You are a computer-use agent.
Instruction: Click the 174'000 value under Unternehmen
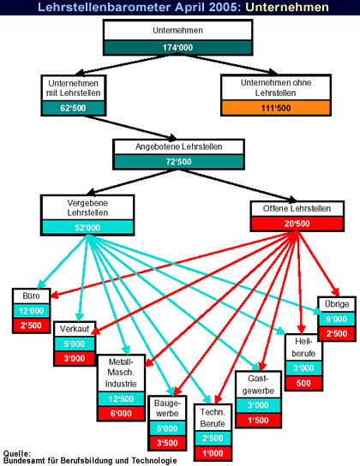pos(177,47)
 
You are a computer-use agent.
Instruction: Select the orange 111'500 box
pos(276,108)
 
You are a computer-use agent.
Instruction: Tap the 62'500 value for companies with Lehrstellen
pos(73,108)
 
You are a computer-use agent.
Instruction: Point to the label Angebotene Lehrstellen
pos(178,146)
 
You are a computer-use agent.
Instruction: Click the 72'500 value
pos(178,161)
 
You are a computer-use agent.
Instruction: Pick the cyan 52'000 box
pos(87,227)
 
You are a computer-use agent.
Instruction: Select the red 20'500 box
pos(297,224)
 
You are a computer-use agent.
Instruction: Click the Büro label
pos(31,296)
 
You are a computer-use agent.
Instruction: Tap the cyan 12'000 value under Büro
pos(31,311)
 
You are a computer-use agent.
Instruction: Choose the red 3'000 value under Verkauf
pos(75,358)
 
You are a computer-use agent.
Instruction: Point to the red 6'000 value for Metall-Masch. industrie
pos(121,413)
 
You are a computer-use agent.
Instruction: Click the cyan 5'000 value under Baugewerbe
pos(167,428)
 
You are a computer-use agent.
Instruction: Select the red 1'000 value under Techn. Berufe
pos(213,453)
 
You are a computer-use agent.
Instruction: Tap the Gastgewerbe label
pos(258,385)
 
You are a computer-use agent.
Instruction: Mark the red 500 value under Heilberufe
pos(303,383)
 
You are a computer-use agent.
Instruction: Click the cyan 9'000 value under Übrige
pos(337,319)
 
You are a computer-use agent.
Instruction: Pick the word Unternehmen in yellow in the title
pos(287,7)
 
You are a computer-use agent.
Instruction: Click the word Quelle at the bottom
pos(16,453)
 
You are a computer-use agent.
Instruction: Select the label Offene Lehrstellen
pos(297,208)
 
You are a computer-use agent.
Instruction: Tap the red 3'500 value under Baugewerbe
pos(167,443)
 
